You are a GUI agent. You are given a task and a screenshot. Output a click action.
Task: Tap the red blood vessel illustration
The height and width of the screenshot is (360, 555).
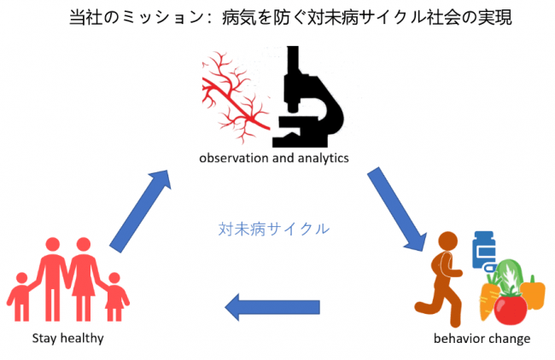click(235, 97)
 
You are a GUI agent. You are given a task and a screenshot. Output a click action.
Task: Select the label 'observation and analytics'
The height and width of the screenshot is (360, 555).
click(274, 158)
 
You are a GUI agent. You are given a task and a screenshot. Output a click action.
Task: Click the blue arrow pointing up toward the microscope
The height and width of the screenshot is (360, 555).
click(141, 211)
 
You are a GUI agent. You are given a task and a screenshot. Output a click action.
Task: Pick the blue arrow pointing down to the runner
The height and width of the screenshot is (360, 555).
click(396, 209)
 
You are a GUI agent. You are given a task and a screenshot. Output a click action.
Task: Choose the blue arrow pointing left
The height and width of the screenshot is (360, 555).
click(272, 307)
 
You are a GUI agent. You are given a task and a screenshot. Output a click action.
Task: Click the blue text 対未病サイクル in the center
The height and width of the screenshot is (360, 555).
click(273, 229)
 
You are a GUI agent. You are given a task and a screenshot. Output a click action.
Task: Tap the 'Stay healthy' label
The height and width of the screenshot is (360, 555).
click(68, 339)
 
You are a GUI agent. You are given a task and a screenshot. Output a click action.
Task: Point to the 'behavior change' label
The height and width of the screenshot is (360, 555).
click(482, 339)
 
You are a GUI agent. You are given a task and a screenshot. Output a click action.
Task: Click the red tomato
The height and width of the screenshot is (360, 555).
click(510, 309)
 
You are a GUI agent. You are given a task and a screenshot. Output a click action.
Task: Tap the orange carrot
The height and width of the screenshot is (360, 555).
click(488, 297)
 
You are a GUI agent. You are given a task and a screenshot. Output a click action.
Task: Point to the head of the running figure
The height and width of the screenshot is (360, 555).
click(447, 241)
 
